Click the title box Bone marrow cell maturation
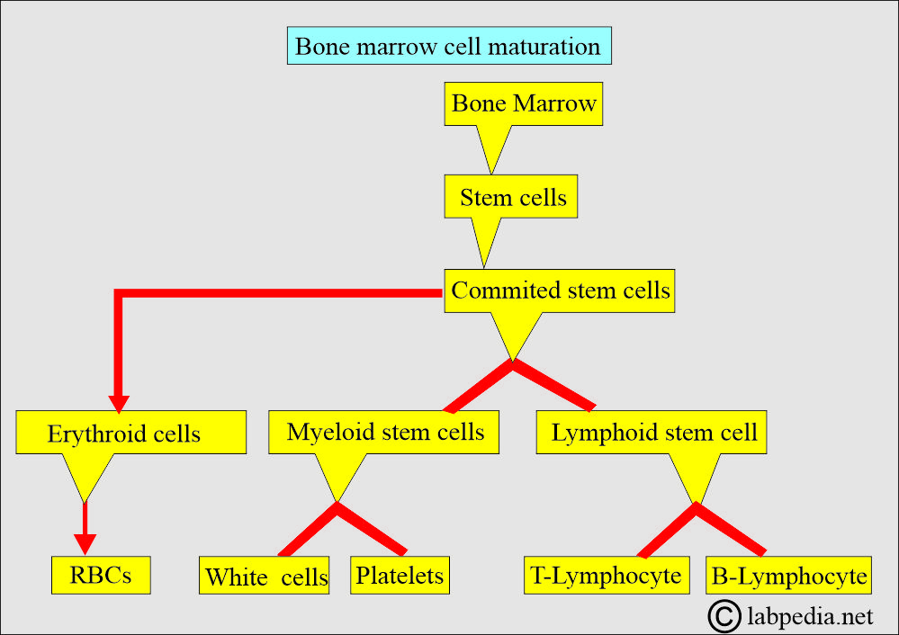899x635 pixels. tap(449, 46)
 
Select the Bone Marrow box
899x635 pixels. tap(524, 103)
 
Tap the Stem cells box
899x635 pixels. tap(511, 197)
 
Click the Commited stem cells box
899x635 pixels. tap(560, 291)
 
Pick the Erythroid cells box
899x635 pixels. tap(130, 433)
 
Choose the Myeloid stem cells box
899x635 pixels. tap(383, 432)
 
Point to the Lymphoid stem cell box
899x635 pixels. tap(652, 432)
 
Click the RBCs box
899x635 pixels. tap(101, 575)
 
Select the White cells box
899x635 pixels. tap(265, 575)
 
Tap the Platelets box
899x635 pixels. tap(400, 575)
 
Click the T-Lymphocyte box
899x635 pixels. tap(607, 575)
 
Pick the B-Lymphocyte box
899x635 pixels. tap(789, 575)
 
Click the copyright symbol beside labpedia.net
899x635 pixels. tap(724, 617)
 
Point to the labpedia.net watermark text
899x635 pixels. tap(810, 617)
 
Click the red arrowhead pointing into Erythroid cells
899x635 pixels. tap(119, 404)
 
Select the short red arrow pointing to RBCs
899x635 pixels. tap(85, 528)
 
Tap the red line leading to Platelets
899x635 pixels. tap(372, 529)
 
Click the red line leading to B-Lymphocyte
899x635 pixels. tap(731, 530)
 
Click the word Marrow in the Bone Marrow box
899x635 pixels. tap(554, 103)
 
